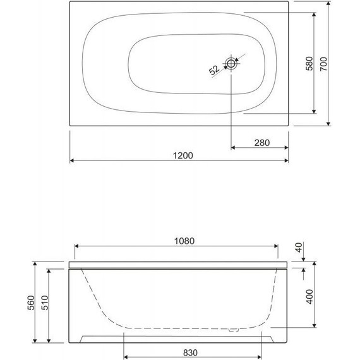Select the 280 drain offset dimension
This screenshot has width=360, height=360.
click(x=261, y=142)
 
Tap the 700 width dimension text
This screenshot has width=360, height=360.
click(x=323, y=63)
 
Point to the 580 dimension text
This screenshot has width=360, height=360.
click(x=309, y=63)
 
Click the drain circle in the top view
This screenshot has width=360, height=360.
click(x=232, y=63)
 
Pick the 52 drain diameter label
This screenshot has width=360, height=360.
click(x=214, y=69)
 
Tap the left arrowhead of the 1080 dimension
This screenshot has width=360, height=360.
click(x=77, y=246)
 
